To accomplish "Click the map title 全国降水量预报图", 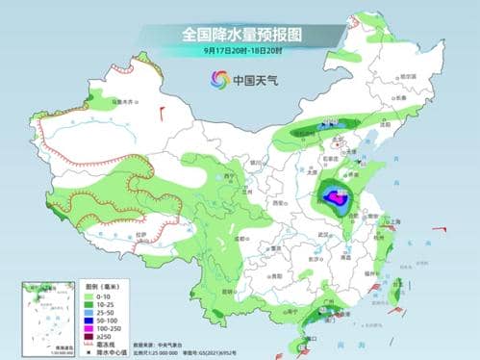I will [x=240, y=35].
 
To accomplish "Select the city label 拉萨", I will [x=142, y=234].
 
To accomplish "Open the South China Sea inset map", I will [x=49, y=313].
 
